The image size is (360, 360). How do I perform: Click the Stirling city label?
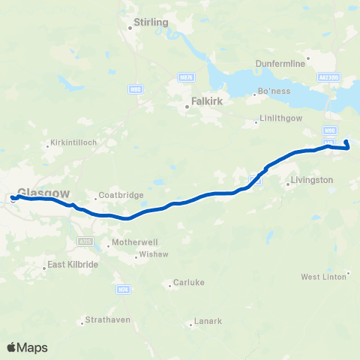150,23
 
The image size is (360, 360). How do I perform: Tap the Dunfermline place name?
280,64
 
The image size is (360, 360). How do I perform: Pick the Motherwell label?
133,243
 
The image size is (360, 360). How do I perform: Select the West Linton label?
323,277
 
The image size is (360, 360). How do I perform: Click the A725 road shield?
85,241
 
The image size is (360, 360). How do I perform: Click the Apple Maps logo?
27,347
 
